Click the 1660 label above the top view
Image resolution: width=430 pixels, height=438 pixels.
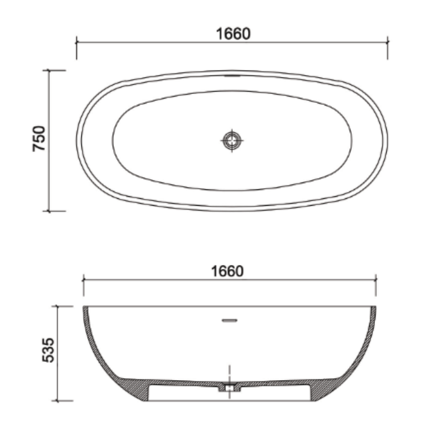point(233,33)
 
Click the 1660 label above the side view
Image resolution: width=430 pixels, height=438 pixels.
point(227,271)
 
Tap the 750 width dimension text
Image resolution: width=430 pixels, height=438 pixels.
point(39,139)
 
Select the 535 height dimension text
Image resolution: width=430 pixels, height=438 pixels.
point(48,350)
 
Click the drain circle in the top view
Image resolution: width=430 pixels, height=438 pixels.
point(232,140)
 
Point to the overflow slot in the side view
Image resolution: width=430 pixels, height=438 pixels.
point(229,320)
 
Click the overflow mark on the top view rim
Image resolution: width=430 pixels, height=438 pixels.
point(233,76)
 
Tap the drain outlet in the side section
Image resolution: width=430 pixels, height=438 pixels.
point(229,388)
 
